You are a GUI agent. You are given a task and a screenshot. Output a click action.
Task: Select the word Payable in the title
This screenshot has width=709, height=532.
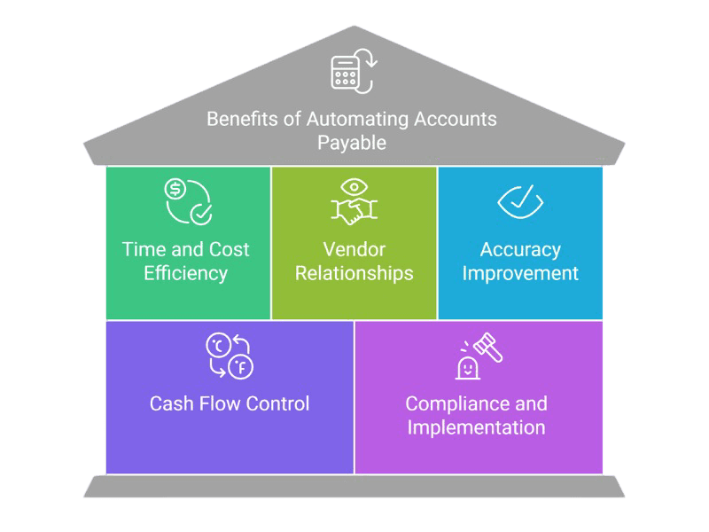pos(353,142)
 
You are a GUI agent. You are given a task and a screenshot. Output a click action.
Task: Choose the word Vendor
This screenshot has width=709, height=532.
pos(354,249)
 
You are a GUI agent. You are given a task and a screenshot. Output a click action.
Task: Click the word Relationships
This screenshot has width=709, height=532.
pos(354,272)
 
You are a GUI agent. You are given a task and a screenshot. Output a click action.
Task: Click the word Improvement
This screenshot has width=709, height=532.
pos(520,272)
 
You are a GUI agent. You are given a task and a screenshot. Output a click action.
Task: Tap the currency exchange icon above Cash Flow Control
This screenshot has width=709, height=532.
pos(229,355)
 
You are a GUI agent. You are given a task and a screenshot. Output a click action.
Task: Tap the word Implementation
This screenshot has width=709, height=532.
pos(475,427)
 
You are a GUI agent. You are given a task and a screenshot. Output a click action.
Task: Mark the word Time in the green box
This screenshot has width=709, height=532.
pos(144,249)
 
